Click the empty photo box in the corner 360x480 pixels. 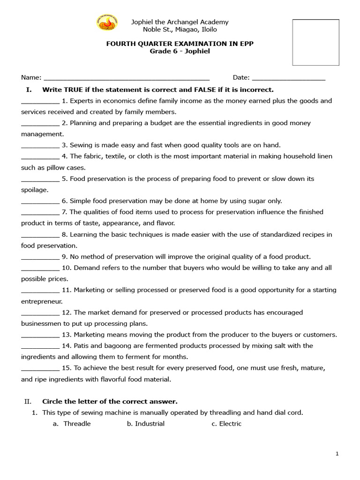tap(315, 43)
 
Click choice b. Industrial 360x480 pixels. tap(146, 424)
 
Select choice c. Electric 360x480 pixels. tap(226, 424)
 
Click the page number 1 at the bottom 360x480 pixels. tap(337, 454)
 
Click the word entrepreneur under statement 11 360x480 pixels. tap(42, 301)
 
